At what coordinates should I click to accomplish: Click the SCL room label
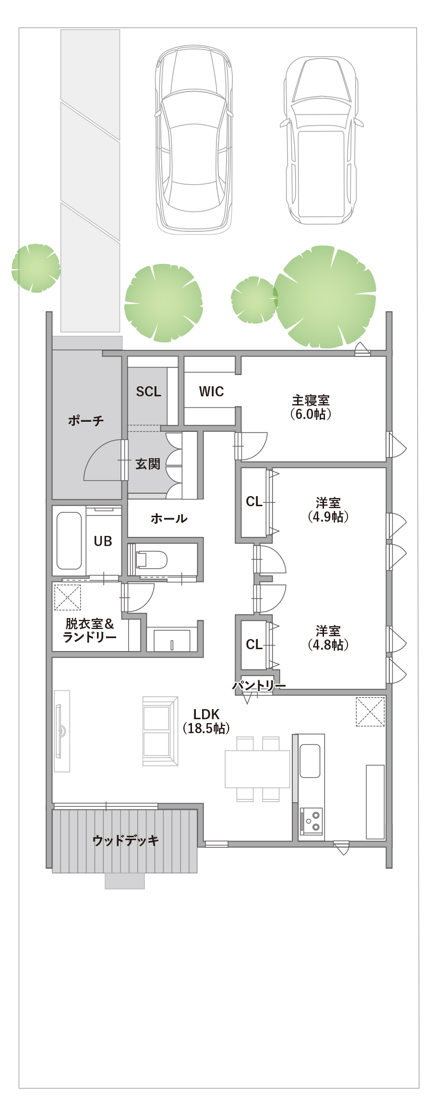pos(148,392)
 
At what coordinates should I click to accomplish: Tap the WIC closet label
pos(211,392)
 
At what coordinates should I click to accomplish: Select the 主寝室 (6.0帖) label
pos(311,407)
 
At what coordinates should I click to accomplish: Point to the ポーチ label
pos(86,421)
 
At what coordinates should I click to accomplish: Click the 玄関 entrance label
pos(148,464)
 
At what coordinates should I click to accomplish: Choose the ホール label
pos(169,518)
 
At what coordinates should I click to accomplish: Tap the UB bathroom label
pos(103,541)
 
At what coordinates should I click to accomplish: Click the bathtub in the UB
pos(69,540)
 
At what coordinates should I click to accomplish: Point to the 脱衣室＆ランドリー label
pos(90,630)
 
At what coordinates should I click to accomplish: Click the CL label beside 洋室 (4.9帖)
pos(254,502)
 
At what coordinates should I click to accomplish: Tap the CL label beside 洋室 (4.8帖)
pos(254,644)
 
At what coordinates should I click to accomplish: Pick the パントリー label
pos(259,685)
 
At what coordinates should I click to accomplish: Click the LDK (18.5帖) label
pos(206,721)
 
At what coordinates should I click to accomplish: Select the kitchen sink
pos(310,760)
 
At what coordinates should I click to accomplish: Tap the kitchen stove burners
pos(312,821)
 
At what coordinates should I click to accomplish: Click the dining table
pos(257,769)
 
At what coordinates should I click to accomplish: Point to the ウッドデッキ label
pos(126,840)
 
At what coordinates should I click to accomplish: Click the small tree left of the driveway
pos(36,268)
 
